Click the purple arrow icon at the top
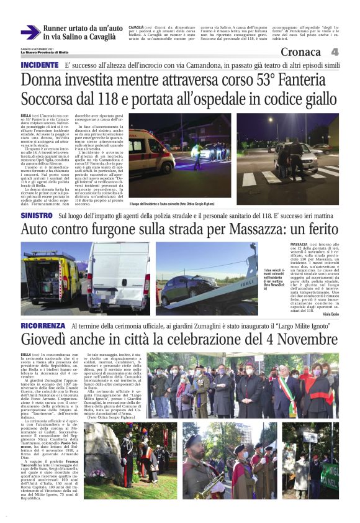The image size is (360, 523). click(x=30, y=32)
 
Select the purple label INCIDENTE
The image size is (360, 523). click(x=40, y=65)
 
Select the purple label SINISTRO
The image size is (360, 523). click(x=37, y=214)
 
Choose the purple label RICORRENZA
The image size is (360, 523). click(x=43, y=325)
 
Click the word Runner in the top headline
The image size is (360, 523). click(x=56, y=29)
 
